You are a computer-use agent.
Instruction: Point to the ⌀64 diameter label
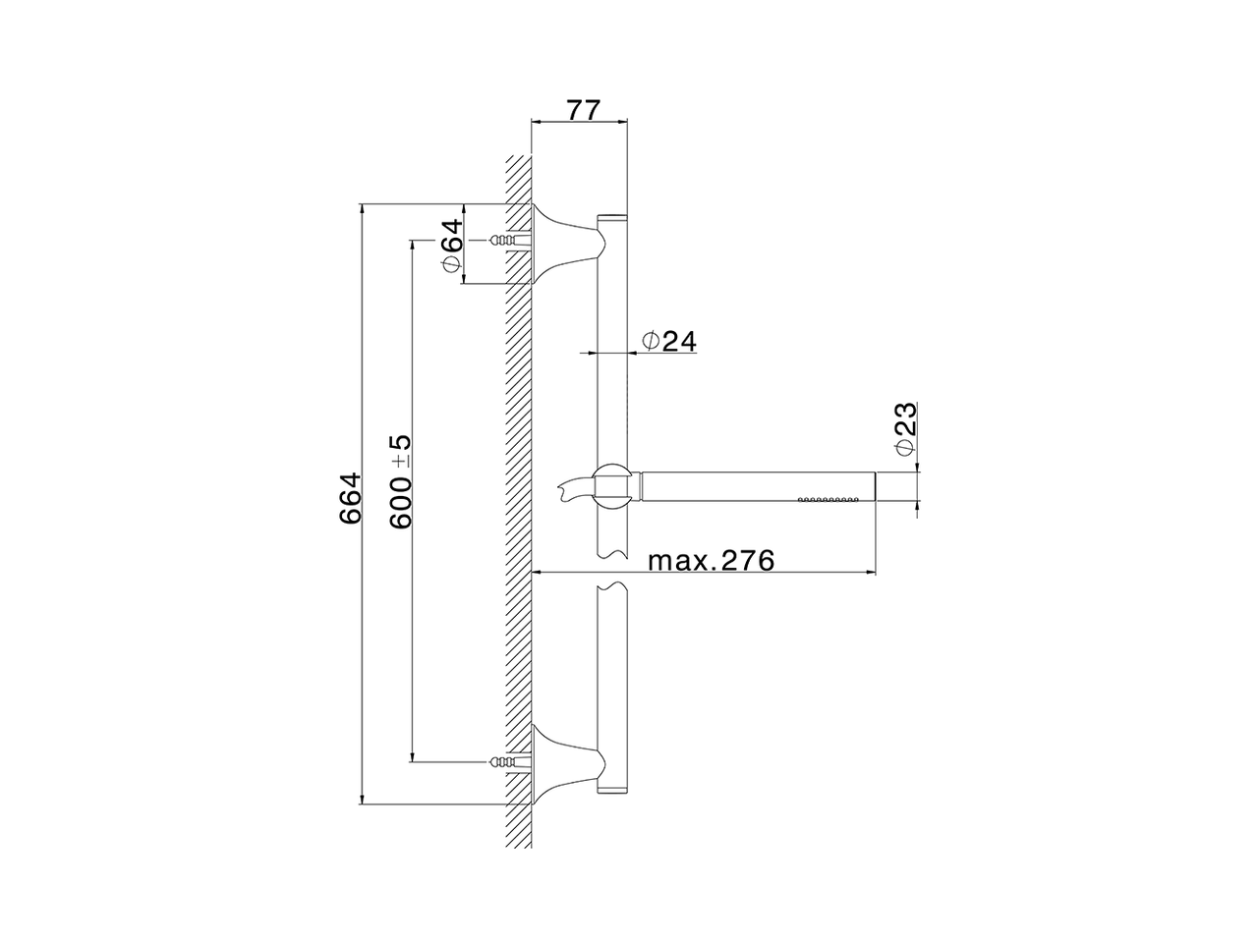pyautogui.click(x=450, y=246)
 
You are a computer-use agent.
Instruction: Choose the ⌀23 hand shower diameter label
pyautogui.click(x=905, y=428)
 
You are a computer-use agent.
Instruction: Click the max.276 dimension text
pyautogui.click(x=712, y=561)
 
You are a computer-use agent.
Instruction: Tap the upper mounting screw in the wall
pyautogui.click(x=503, y=241)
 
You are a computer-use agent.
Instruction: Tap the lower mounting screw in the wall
pyautogui.click(x=503, y=761)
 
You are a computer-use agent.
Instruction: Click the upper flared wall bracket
pyautogui.click(x=564, y=242)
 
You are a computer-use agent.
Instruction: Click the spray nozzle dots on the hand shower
pyautogui.click(x=828, y=499)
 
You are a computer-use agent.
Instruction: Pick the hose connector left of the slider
pyautogui.click(x=575, y=485)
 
